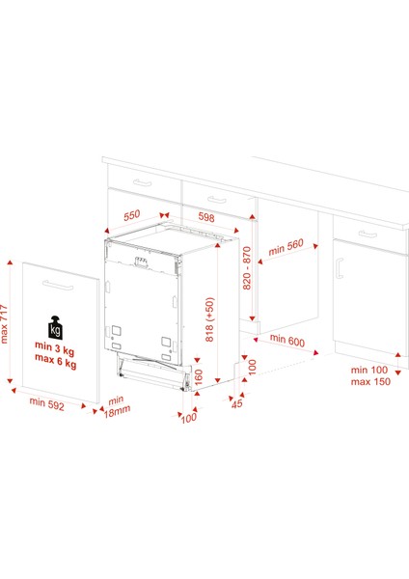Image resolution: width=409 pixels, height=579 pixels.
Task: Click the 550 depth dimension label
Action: point(132,215)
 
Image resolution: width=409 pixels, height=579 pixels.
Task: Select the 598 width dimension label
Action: point(206,217)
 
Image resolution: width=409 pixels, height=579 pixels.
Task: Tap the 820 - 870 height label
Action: point(247,268)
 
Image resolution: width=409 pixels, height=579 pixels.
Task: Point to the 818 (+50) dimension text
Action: point(209,319)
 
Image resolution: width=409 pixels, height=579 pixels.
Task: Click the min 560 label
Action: point(286,247)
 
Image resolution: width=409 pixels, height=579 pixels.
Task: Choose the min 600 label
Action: point(287,340)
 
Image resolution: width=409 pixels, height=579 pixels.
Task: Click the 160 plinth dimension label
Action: point(199,377)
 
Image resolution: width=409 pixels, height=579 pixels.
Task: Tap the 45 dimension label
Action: point(237,403)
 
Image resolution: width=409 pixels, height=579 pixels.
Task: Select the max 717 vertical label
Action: point(4,324)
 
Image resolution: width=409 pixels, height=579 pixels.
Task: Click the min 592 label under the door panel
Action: point(47,404)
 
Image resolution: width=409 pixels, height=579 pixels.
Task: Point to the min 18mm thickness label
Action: point(117,406)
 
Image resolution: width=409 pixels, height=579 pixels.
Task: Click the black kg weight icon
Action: point(55,328)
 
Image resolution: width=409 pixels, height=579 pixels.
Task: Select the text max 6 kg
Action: point(56,361)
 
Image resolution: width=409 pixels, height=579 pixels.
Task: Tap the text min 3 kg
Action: point(55,347)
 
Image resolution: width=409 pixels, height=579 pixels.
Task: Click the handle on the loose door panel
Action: point(58,285)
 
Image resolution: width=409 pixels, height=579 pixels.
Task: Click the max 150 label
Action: point(370,381)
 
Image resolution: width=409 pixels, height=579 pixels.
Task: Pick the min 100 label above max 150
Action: point(369,370)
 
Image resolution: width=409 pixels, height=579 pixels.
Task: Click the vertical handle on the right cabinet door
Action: point(340,268)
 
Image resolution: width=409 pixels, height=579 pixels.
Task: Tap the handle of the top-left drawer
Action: point(143,182)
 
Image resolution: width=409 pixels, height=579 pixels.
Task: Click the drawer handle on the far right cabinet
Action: point(368,234)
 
